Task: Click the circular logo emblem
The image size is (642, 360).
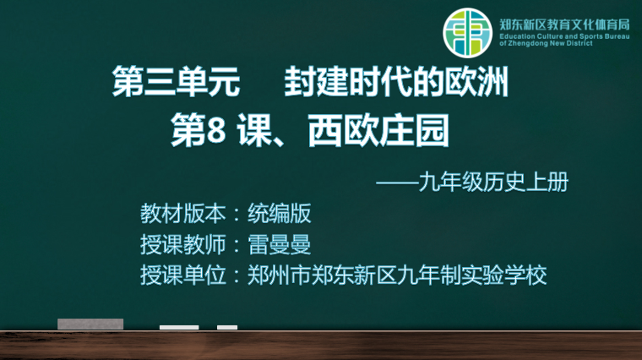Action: (467, 32)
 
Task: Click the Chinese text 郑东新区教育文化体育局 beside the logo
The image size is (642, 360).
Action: (564, 25)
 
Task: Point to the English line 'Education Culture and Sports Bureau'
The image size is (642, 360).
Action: (564, 36)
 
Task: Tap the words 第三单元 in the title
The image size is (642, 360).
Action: (176, 81)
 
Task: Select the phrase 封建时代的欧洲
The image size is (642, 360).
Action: (396, 81)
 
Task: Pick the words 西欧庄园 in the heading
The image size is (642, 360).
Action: (378, 131)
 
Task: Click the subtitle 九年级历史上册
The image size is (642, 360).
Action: (493, 182)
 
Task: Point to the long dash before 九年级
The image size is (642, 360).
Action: (397, 183)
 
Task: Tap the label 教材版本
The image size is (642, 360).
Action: (183, 213)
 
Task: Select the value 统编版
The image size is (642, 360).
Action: (280, 213)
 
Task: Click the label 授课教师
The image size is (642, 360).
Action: (183, 244)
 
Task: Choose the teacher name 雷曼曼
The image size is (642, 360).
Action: (280, 244)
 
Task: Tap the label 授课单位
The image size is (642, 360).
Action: (183, 275)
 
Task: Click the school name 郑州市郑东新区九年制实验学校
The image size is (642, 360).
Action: (397, 275)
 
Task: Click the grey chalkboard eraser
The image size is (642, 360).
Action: (90, 324)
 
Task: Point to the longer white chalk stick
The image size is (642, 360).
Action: (179, 327)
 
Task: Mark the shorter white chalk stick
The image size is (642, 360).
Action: (227, 327)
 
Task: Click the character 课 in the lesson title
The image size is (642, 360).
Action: (253, 131)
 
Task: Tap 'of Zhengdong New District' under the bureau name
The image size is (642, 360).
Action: (546, 43)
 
